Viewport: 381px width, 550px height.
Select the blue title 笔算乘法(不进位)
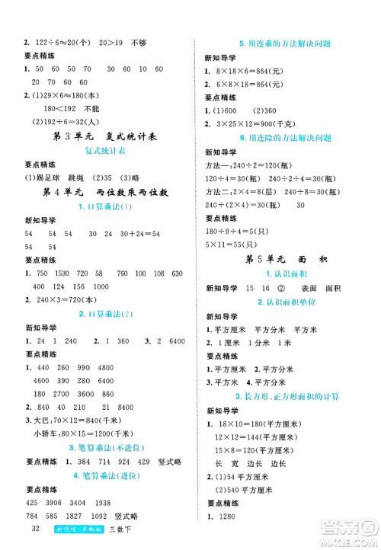point(101,447)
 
